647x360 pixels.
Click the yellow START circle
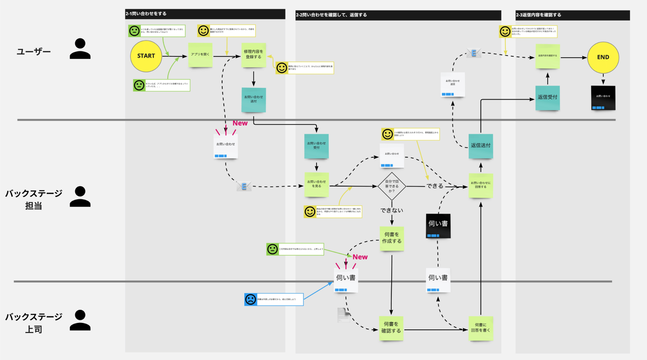click(146, 56)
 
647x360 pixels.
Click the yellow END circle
click(603, 57)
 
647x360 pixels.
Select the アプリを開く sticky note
click(200, 55)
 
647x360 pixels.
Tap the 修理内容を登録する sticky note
click(254, 55)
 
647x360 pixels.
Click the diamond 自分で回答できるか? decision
click(392, 186)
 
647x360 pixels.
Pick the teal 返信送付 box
click(480, 146)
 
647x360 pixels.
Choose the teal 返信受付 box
click(547, 97)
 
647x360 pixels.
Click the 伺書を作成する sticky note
click(392, 238)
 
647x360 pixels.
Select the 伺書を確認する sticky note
click(391, 328)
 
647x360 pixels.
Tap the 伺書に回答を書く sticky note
click(480, 328)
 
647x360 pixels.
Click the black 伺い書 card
click(438, 225)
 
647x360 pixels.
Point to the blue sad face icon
click(250, 299)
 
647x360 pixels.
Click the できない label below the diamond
click(392, 211)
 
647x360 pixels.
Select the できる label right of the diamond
click(435, 186)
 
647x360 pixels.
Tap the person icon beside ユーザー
click(80, 49)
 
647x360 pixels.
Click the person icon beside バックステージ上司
click(80, 321)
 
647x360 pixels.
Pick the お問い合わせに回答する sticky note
click(480, 185)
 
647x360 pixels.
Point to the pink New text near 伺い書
click(360, 257)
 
